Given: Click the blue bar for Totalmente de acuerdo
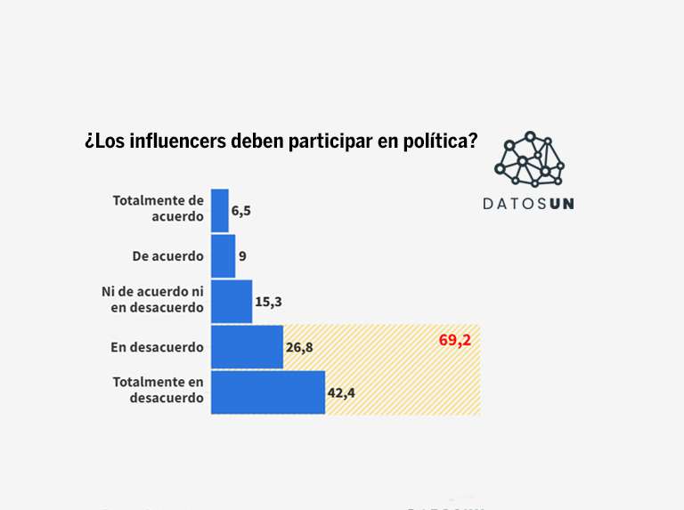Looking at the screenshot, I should coord(220,210).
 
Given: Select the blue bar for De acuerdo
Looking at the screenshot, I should coord(224,256).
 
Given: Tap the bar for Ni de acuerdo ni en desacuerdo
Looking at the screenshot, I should coord(232,302).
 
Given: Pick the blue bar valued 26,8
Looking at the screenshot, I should coord(247,347).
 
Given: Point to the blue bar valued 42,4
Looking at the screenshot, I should coord(268,393).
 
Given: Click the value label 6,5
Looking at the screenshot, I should coord(241,211).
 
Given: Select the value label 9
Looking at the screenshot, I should coord(242,256).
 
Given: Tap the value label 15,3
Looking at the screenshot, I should coord(269,302).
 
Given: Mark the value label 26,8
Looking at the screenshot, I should coord(299,347).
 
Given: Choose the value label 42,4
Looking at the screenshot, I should coord(341,393).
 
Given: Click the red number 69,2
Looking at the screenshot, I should coord(454,340).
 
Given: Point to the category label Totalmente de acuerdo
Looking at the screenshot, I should coord(159,208).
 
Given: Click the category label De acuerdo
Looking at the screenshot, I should coord(167,256).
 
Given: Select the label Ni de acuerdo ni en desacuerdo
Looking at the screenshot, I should coord(153,300).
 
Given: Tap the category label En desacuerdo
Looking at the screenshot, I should coord(158,347).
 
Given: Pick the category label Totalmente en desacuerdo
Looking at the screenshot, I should coord(159,390).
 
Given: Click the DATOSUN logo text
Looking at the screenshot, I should coord(528,203).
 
